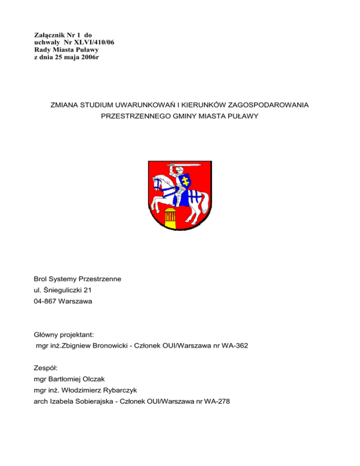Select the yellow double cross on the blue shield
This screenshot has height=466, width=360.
point(187,180)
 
